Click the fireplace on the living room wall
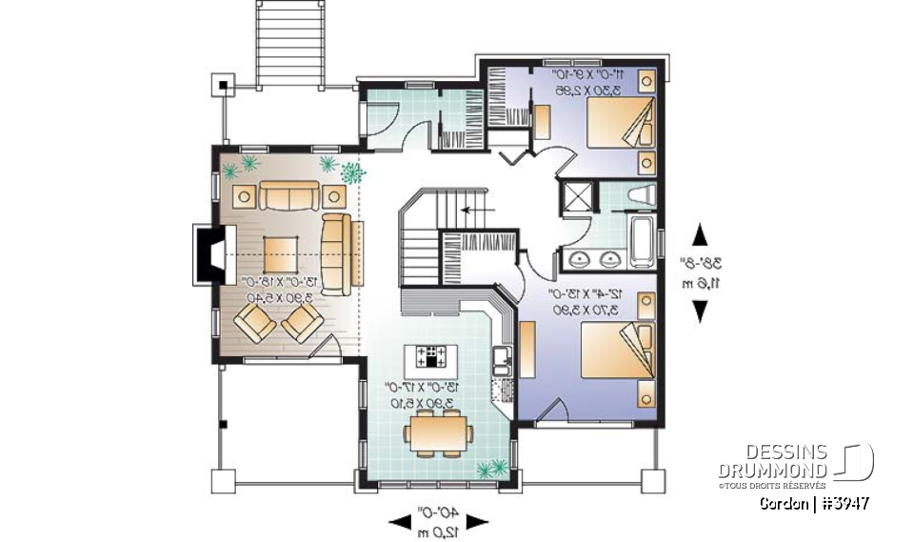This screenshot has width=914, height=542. tap(207, 253)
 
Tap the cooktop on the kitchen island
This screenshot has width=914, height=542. tap(434, 357)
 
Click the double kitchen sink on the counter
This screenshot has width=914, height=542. tap(500, 361)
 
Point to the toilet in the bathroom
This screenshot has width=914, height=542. tap(643, 198)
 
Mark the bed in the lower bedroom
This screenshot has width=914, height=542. tap(614, 352)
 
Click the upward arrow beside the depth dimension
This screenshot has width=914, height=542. tap(700, 234)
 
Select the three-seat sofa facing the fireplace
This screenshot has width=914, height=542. tap(335, 252)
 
